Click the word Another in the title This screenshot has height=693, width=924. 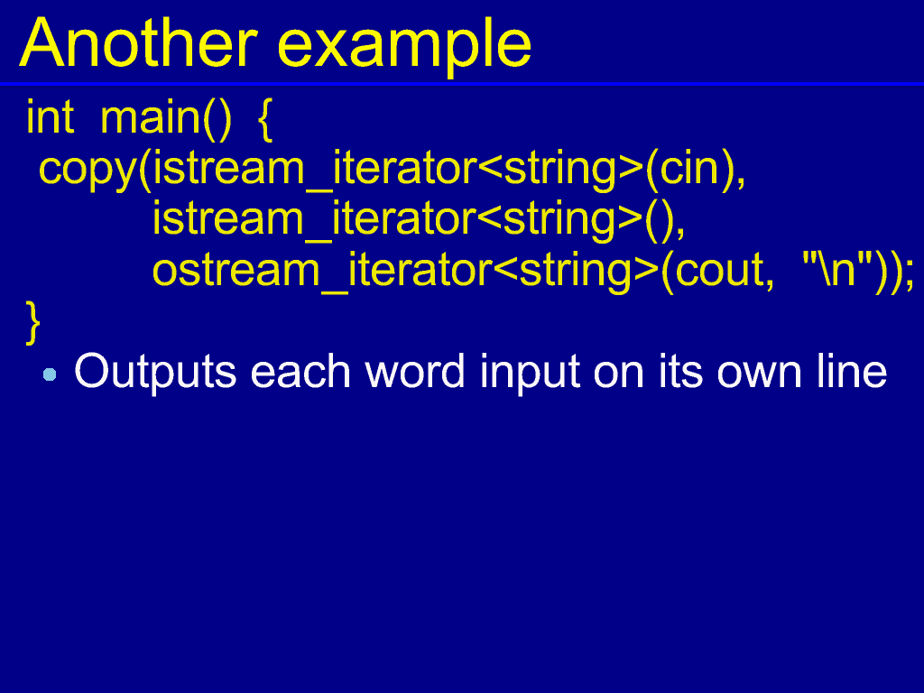click(138, 43)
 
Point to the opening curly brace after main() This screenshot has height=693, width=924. click(265, 120)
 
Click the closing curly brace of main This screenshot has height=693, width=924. click(33, 322)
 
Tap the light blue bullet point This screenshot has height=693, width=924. click(50, 374)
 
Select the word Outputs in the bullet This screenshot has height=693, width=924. click(155, 372)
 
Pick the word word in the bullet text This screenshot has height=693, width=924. click(415, 371)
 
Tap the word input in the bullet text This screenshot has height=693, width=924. click(530, 373)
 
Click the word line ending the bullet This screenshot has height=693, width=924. click(852, 371)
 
